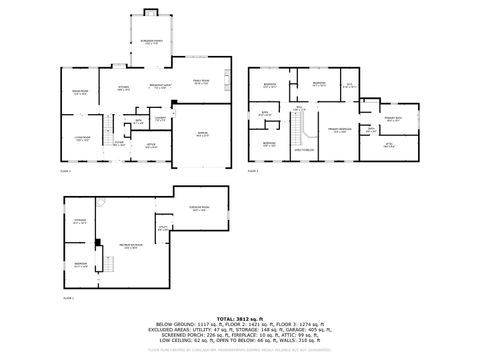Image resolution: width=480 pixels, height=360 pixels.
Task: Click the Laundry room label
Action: [159, 118]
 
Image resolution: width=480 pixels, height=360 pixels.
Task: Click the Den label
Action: [350, 86]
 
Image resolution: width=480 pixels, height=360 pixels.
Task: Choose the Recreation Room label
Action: [131, 245]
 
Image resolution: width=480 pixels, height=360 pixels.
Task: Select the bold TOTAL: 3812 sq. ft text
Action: [240, 316]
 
